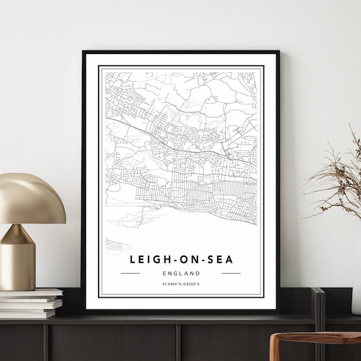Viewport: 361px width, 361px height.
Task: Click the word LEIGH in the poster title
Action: pyautogui.click(x=148, y=259)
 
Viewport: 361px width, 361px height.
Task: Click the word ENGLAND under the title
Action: pyautogui.click(x=181, y=273)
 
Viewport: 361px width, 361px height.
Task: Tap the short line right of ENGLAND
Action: pyautogui.click(x=231, y=273)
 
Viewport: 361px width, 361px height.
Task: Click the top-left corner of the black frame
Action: pyautogui.click(x=84, y=52)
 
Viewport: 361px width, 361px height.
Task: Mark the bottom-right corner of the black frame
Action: pyautogui.click(x=279, y=312)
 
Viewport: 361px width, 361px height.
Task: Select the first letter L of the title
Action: pyautogui.click(x=131, y=259)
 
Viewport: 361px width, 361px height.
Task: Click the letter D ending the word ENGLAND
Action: pyautogui.click(x=198, y=273)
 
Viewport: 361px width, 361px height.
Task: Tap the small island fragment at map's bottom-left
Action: pyautogui.click(x=115, y=244)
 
